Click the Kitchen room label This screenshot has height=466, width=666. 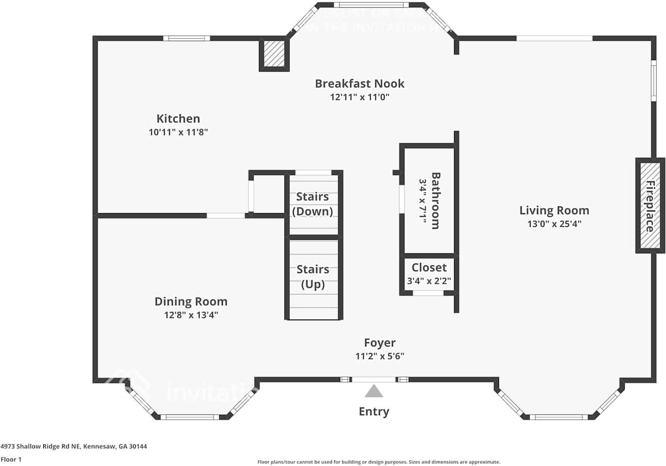pos(178,119)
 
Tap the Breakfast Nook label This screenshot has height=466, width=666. pos(360,84)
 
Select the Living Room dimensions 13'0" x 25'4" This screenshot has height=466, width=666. pos(554,224)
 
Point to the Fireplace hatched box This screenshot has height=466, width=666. pos(650,206)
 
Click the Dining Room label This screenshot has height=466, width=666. pos(191,301)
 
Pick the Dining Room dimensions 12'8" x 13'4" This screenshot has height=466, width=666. pos(191,315)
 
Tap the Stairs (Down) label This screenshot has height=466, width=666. pos(313,204)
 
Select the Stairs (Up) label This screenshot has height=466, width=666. pos(313,277)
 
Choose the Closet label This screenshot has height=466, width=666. pos(429,267)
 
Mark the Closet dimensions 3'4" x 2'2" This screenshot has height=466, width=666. pos(429,281)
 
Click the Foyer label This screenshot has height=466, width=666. pos(379,343)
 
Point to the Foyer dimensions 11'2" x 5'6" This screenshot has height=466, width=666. pos(379,356)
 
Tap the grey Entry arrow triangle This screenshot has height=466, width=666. pos(373,391)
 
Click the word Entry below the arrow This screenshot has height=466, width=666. pos(374,412)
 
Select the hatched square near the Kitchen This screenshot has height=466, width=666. pos(274,53)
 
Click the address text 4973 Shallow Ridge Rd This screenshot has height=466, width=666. pos(74,447)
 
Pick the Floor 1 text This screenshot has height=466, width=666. pos(11,460)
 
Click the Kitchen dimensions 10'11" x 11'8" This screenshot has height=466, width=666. pos(178,133)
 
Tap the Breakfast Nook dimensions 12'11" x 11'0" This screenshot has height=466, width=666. pos(360,97)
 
